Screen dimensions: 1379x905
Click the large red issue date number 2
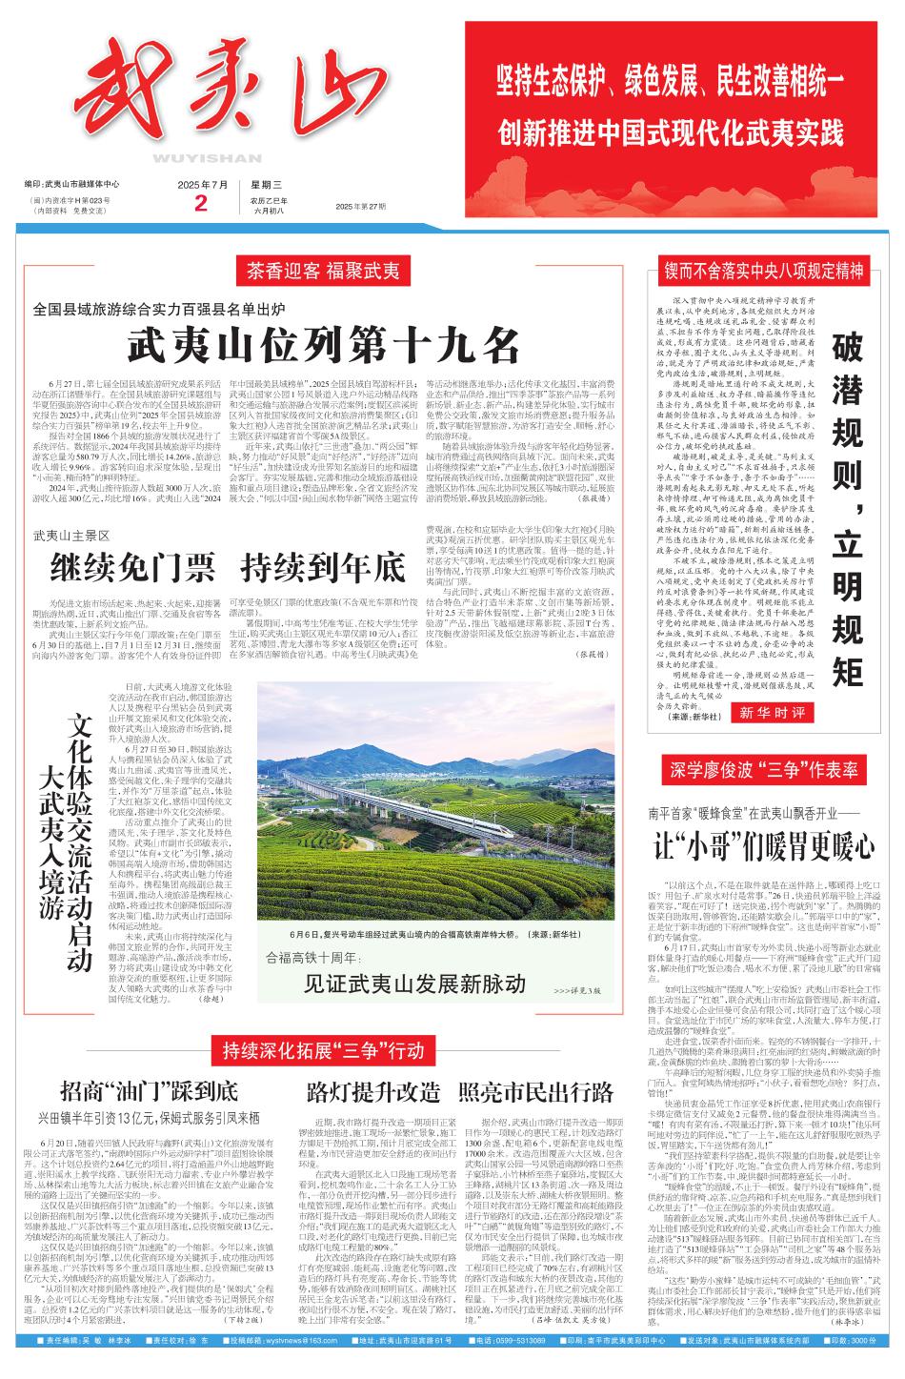click(199, 203)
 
